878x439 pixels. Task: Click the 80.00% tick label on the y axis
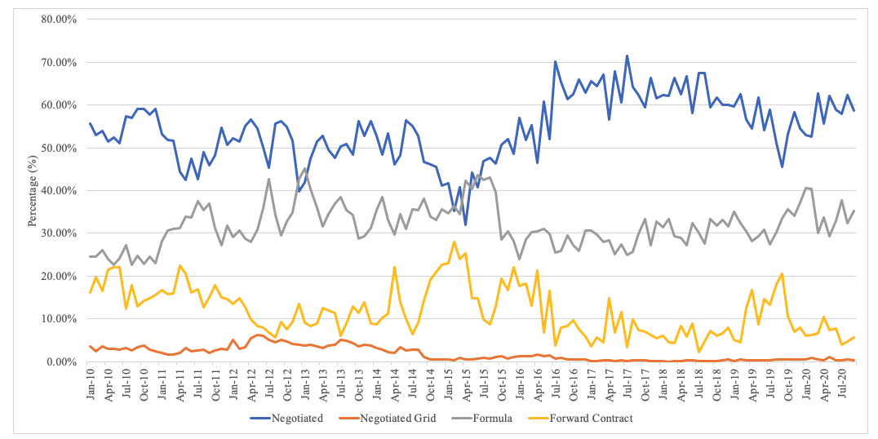pos(55,20)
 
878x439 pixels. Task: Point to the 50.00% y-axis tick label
pos(55,148)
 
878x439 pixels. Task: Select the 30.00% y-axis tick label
pos(55,233)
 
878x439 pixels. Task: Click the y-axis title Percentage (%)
pos(33,190)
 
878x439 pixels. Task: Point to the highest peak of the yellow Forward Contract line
pos(453,242)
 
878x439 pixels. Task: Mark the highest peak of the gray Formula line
pos(304,169)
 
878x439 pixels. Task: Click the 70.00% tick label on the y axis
pos(55,62)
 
